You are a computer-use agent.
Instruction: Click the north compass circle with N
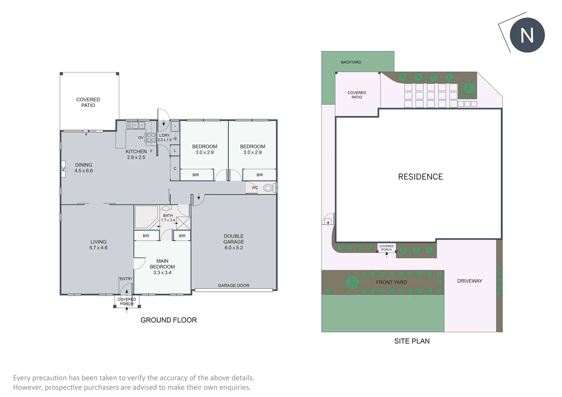[527, 35]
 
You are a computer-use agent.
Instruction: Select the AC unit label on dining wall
[63, 169]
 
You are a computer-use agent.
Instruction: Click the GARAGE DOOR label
[234, 285]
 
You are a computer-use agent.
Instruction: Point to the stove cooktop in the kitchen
[151, 138]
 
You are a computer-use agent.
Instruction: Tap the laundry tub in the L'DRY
[175, 126]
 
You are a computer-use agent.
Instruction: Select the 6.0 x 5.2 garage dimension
[234, 248]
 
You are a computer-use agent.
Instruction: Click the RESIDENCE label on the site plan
[420, 177]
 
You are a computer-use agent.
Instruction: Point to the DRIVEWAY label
[470, 281]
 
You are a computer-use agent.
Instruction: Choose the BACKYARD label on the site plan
[351, 62]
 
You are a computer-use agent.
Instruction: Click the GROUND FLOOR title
[168, 320]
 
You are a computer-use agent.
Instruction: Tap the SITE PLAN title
[412, 341]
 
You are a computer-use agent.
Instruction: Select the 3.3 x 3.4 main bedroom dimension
[162, 273]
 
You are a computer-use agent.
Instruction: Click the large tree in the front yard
[352, 282]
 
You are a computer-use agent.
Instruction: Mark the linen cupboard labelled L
[175, 151]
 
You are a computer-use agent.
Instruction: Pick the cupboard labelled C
[175, 168]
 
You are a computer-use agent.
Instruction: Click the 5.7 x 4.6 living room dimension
[98, 248]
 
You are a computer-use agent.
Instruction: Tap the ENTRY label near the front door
[126, 279]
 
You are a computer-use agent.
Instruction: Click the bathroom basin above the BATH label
[166, 208]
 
